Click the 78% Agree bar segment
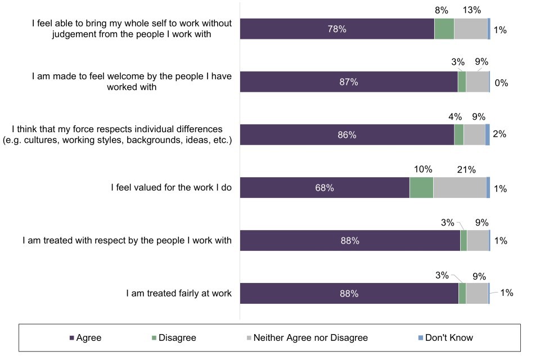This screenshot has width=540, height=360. [337, 29]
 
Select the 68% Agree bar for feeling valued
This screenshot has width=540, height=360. [325, 188]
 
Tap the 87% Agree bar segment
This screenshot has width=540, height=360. [349, 82]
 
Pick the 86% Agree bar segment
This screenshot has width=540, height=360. [347, 135]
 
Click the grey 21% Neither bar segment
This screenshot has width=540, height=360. [460, 188]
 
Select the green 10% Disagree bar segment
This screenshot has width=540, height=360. [421, 188]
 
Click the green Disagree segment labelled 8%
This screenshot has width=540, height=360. [444, 29]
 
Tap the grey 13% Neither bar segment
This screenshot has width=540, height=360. [470, 29]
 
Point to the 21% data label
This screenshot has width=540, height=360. [466, 169]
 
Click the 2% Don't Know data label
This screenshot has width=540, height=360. [499, 134]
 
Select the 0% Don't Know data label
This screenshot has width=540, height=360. [501, 83]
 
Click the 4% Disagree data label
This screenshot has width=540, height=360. [454, 116]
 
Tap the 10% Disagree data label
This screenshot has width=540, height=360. [422, 169]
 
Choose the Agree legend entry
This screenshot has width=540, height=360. [85, 337]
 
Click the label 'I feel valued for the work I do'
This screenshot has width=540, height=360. [171, 188]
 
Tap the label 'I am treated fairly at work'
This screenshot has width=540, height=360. [179, 294]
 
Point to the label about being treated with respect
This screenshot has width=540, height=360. [127, 241]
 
